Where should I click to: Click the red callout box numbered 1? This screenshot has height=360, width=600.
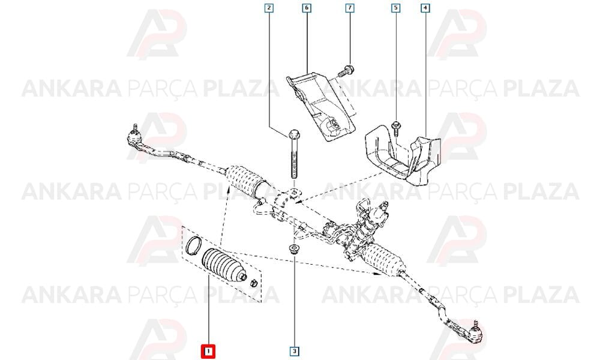[208, 351]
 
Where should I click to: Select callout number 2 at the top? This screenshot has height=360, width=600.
[269, 8]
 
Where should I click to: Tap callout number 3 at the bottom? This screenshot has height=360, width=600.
[295, 351]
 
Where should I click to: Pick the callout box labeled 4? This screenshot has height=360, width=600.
[425, 8]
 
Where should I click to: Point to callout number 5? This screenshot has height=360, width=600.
[395, 8]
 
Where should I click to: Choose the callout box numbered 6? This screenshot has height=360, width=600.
[307, 8]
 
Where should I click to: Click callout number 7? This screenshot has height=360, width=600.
[350, 8]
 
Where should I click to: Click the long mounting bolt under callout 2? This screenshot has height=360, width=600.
[294, 154]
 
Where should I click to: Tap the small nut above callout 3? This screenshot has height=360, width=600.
[294, 248]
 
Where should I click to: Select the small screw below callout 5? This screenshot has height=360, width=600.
[395, 128]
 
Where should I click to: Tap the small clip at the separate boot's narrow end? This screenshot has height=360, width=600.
[253, 284]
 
